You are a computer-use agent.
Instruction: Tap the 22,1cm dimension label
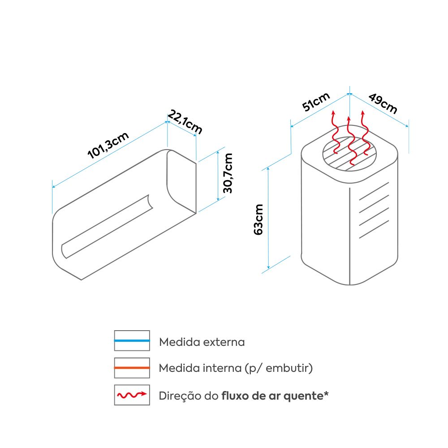(185, 121)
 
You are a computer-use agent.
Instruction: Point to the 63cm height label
(258, 219)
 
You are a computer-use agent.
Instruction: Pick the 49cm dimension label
(383, 103)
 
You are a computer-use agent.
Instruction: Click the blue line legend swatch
(132, 341)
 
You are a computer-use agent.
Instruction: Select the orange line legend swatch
(132, 368)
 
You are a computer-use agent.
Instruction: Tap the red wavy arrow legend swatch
(132, 395)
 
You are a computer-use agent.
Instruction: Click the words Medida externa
(202, 342)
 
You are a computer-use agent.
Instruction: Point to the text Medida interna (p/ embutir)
(236, 369)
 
